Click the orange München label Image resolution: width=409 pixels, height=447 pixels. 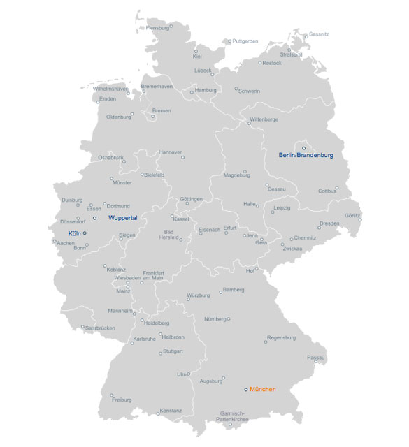pos(263,389)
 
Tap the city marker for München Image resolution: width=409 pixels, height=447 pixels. pos(245,389)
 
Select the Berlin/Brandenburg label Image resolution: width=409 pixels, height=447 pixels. pos(306,155)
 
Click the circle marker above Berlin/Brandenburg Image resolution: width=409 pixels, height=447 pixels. pos(303,147)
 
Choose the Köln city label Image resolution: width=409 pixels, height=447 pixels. pos(75,233)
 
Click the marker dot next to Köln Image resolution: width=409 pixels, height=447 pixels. pos(85,233)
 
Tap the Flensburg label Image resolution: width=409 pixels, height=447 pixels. pos(157,27)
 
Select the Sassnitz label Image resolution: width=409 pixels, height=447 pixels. pos(318,34)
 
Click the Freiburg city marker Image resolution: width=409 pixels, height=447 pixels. pos(111,394)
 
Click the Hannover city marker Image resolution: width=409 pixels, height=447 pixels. pos(182,157)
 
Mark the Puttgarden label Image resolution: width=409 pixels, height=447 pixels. pos(245,41)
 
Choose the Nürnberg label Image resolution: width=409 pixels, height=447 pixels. pos(215,319)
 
